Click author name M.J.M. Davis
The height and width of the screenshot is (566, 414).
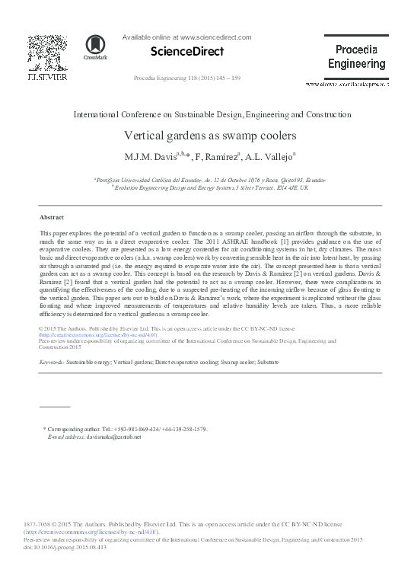click(153, 158)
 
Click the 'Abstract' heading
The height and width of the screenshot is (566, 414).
click(51, 217)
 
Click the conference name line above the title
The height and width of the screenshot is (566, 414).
click(212, 114)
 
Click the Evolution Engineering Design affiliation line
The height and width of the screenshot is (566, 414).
click(210, 187)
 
